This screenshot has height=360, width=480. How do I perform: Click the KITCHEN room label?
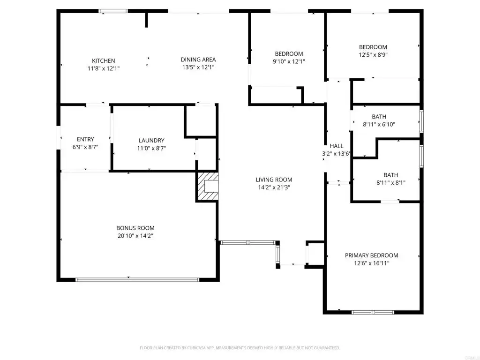tap(104, 60)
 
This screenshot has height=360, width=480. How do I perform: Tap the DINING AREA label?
tap(198, 60)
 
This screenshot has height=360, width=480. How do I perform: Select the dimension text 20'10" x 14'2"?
tap(135, 236)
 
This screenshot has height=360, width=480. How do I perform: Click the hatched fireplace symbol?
tap(207, 187)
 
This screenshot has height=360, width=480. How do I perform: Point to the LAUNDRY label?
tap(151, 140)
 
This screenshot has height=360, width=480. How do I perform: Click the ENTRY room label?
tap(85, 139)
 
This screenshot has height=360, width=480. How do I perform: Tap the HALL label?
tap(337, 146)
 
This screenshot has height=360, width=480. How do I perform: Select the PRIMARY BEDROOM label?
tap(372, 255)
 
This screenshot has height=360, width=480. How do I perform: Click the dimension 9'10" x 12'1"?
tap(289, 61)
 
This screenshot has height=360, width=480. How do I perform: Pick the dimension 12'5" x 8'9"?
tap(373, 55)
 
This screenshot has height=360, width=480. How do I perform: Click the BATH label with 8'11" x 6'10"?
tap(379, 117)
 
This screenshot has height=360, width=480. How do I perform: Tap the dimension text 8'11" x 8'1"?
tap(391, 183)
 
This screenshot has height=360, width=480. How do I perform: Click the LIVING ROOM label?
tap(274, 180)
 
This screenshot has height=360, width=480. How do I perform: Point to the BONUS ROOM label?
tap(135, 228)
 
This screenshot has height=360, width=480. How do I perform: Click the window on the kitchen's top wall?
tap(113, 11)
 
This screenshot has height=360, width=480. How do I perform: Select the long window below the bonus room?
tap(137, 279)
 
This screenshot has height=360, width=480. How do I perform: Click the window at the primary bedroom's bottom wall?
tap(373, 312)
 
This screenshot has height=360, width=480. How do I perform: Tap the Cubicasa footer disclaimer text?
tap(240, 348)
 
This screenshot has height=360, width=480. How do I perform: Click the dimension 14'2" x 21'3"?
tap(274, 187)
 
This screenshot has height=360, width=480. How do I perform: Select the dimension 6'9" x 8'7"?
tap(85, 147)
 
